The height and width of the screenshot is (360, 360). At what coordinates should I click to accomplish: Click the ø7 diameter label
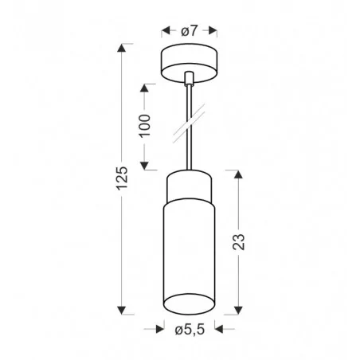coord(188,31)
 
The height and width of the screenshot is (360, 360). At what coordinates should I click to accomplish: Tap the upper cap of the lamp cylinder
coord(188,188)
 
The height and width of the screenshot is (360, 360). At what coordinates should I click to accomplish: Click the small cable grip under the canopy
coord(189,79)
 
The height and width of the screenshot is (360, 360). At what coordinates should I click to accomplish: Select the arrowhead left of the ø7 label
coord(165,31)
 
